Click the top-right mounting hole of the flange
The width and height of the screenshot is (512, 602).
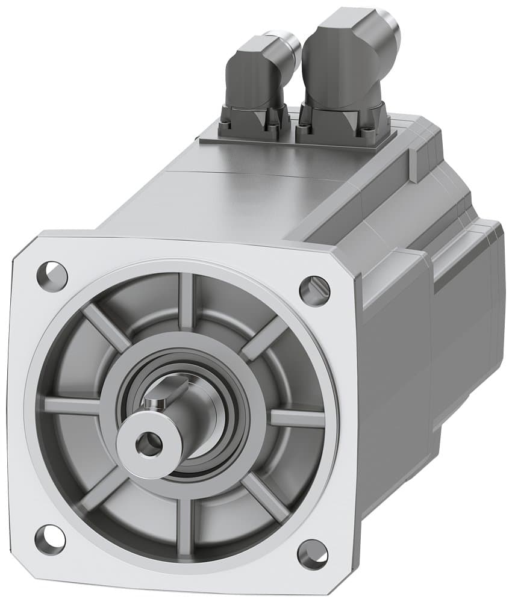coord(314,290)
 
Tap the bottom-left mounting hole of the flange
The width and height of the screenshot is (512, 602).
coord(49,539)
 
